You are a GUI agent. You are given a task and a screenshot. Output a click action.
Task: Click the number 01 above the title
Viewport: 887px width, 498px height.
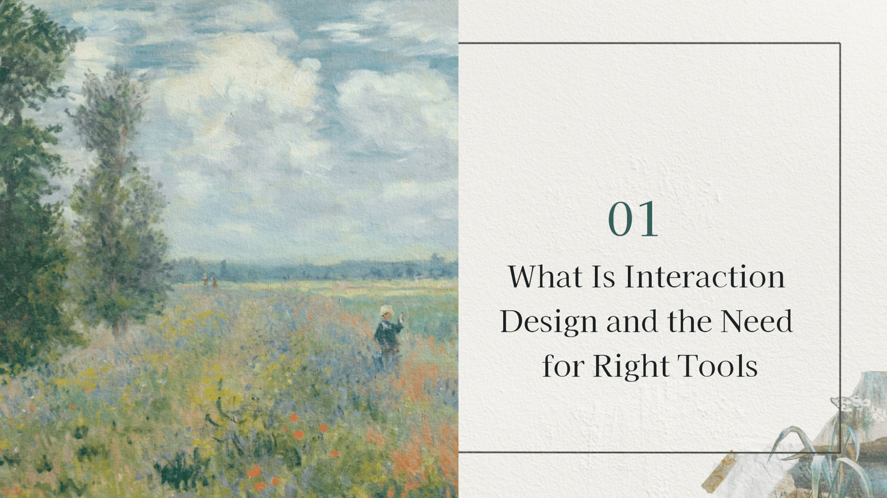633,219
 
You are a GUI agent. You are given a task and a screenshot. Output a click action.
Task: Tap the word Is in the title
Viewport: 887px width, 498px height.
603,277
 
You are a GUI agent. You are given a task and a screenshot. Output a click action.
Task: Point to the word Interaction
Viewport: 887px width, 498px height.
704,277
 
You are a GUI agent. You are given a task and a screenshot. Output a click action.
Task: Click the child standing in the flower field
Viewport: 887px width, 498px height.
387,337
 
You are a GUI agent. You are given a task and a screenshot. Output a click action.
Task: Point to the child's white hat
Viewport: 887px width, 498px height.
386,310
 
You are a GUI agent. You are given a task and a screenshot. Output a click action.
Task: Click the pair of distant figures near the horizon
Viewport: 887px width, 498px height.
210,280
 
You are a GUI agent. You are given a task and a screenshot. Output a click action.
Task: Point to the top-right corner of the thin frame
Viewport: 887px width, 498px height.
840,44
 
